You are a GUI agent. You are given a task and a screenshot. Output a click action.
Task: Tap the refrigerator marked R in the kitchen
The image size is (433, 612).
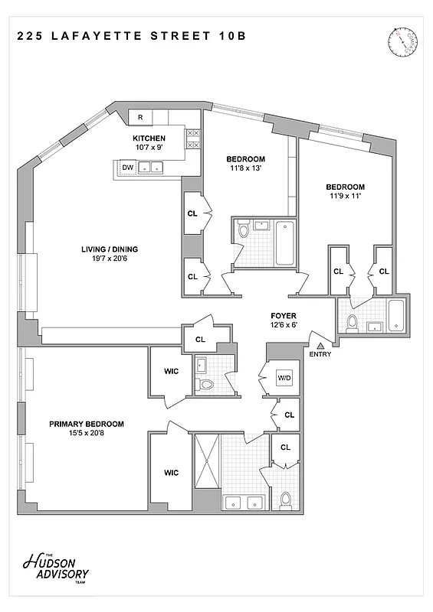[x=140, y=117]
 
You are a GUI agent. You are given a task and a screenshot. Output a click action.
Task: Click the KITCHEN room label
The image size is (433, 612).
[x=149, y=138]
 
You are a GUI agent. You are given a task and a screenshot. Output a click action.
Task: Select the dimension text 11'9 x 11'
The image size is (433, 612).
[x=345, y=197]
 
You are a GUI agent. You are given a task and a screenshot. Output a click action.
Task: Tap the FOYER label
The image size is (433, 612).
[x=284, y=315]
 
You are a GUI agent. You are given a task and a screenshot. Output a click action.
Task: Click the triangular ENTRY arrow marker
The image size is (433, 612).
[x=320, y=346]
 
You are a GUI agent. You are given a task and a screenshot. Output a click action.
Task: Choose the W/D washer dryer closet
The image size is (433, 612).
[x=283, y=377]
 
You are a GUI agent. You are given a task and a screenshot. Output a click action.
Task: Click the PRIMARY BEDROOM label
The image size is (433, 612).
[x=87, y=424]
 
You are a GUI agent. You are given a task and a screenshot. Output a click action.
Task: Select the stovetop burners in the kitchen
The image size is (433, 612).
[x=193, y=138]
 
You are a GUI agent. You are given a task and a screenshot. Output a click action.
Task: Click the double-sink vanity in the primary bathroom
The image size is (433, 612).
[x=244, y=503]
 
